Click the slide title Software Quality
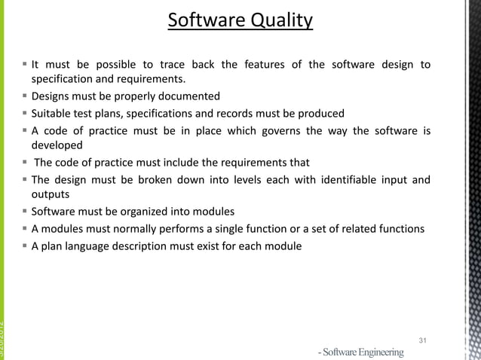240,20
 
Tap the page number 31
422,341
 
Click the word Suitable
50,114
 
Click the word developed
57,146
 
